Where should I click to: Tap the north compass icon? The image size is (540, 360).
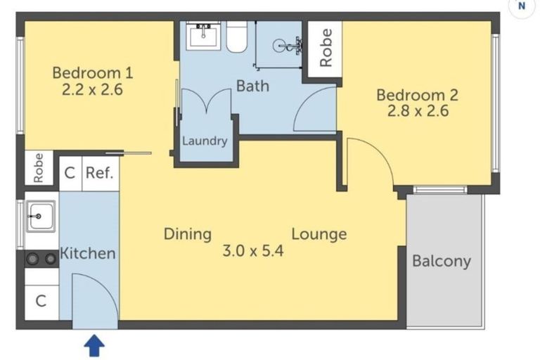click(x=521, y=6)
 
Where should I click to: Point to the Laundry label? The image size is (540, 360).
click(x=205, y=141)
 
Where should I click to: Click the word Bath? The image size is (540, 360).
click(x=252, y=86)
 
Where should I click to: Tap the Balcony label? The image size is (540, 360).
click(x=441, y=262)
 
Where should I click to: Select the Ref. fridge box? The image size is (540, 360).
click(x=99, y=173)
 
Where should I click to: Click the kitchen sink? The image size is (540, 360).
click(x=41, y=214)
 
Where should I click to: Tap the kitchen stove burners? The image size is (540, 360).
click(x=41, y=259)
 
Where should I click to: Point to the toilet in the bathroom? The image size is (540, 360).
click(x=236, y=37)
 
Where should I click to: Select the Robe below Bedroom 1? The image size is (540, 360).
click(x=39, y=168)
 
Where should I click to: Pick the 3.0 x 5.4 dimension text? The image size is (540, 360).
click(x=253, y=251)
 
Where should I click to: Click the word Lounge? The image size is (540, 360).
click(x=319, y=234)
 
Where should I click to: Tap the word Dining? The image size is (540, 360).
click(x=188, y=234)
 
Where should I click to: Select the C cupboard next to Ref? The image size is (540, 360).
click(x=70, y=173)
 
